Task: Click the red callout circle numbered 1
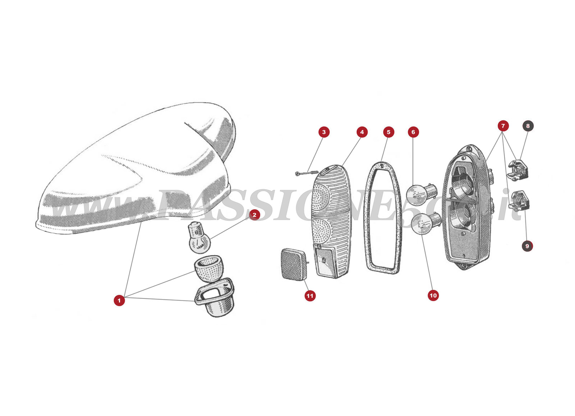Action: [x=119, y=300]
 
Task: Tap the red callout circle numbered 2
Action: [x=254, y=215]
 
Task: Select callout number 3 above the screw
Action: [x=324, y=132]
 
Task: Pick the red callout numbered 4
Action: [x=362, y=132]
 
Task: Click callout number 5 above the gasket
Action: [x=388, y=132]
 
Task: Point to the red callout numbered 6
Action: [x=413, y=132]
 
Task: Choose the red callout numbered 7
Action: [x=503, y=125]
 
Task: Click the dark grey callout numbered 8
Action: [x=528, y=125]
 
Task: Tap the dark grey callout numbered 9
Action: [x=527, y=246]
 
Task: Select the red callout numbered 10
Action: [x=433, y=295]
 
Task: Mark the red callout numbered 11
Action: [x=310, y=296]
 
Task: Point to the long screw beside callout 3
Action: [x=307, y=174]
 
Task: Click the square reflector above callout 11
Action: [x=294, y=264]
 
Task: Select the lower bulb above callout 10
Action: [x=425, y=223]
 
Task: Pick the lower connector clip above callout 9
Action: [x=519, y=201]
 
